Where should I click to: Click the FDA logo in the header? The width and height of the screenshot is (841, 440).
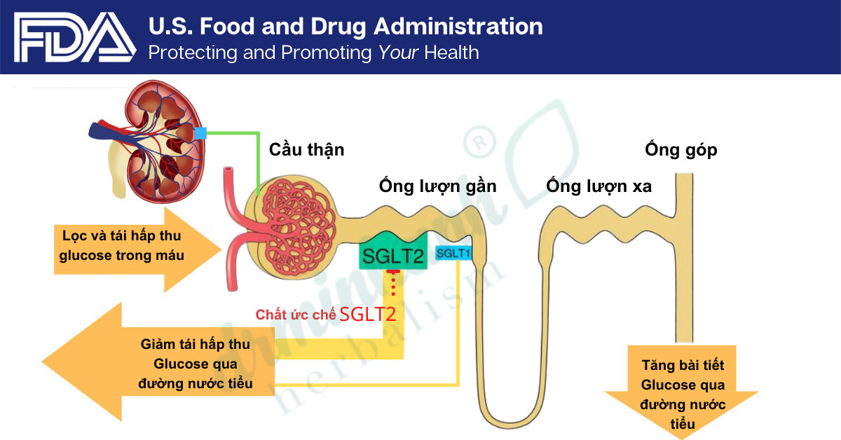tap(75, 37)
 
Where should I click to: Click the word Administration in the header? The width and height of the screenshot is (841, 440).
tap(458, 27)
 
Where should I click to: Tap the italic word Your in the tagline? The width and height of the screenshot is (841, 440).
tap(398, 53)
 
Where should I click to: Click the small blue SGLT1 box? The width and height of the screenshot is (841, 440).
tap(453, 254)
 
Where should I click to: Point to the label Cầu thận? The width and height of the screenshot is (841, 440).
tap(306, 150)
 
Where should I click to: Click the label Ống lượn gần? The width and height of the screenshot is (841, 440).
tap(437, 186)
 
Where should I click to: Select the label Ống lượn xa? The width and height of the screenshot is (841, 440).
tap(599, 186)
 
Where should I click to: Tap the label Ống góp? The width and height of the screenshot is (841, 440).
tap(681, 150)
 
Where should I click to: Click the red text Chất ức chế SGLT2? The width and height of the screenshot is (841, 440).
tap(326, 314)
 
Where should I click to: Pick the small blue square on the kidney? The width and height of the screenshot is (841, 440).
tap(200, 133)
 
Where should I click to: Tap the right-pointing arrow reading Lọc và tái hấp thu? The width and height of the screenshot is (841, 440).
tap(137, 249)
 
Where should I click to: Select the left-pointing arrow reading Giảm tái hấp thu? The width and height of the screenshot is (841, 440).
tap(158, 362)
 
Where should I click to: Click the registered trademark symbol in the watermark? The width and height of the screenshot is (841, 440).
tap(479, 142)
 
